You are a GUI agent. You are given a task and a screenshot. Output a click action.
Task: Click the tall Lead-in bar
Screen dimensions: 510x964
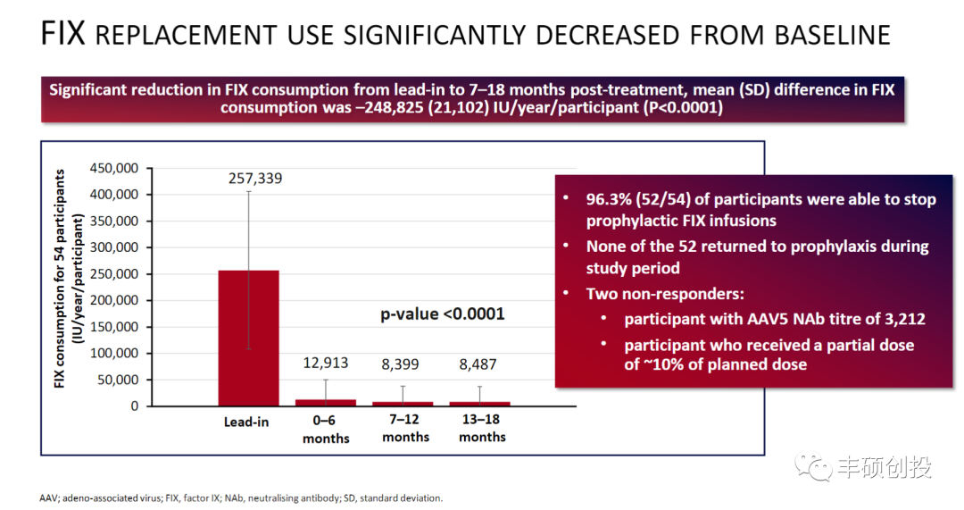click(x=248, y=338)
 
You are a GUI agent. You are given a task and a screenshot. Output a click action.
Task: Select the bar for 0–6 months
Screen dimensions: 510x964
click(x=326, y=403)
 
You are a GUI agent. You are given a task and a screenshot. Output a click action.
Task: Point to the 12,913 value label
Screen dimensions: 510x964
click(x=325, y=364)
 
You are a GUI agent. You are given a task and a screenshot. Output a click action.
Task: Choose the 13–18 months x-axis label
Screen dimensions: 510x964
click(x=482, y=429)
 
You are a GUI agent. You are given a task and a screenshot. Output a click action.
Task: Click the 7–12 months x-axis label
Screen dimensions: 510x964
click(x=405, y=429)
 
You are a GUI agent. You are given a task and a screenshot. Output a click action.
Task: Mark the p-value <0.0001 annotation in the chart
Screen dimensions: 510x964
click(x=444, y=314)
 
